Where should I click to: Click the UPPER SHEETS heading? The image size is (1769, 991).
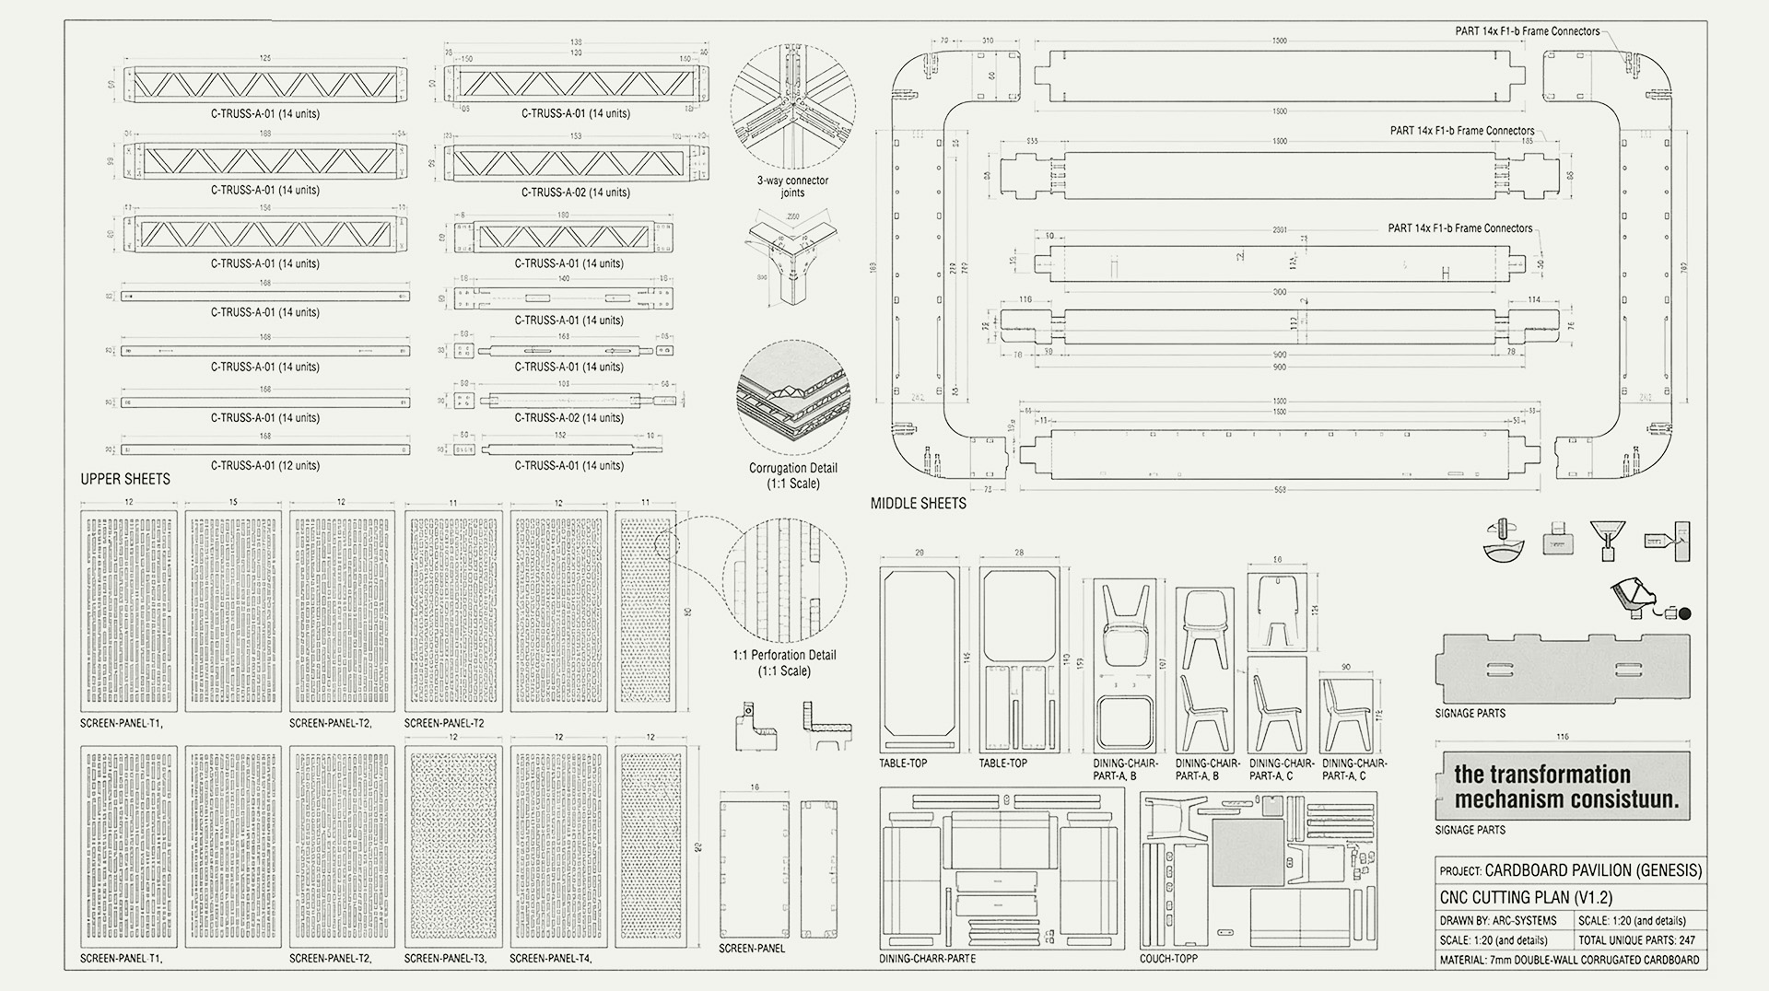point(125,479)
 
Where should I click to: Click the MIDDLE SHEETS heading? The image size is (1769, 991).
point(918,504)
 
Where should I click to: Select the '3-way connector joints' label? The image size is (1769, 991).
point(792,186)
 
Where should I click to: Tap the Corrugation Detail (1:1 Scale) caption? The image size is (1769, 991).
point(792,475)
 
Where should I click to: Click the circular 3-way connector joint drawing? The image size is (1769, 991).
point(792,107)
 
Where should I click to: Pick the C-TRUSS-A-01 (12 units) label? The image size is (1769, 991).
point(264,466)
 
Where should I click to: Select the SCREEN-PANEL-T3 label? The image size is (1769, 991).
point(445,959)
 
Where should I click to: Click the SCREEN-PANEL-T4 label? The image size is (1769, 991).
point(550,959)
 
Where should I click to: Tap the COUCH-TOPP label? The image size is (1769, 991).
point(1168,959)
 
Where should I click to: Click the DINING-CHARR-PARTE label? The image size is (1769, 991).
point(927,959)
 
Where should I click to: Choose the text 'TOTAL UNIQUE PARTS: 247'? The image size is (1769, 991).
point(1636,940)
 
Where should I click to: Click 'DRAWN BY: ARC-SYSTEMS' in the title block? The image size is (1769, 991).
point(1498,920)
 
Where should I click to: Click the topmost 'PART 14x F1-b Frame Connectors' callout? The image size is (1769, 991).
point(1527,31)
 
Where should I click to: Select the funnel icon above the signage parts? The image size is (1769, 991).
point(1607,541)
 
